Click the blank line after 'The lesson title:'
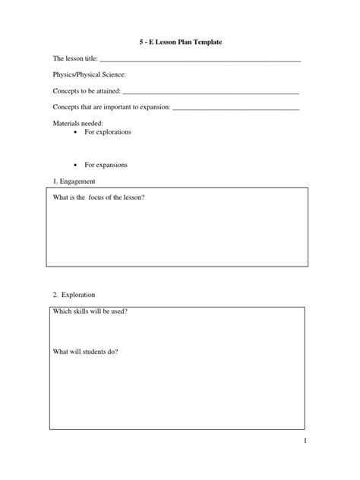[201, 59]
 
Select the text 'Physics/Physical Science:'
[89, 74]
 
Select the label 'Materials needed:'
[77, 123]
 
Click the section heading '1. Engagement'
[74, 182]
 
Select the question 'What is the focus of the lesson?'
[98, 197]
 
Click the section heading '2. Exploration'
[74, 294]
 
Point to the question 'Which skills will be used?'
[89, 311]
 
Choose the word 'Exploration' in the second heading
[79, 294]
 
